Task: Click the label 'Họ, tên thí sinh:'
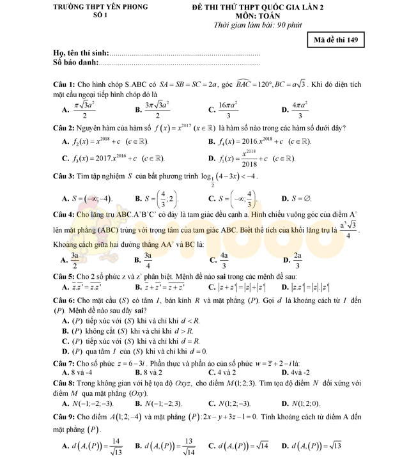pyautogui.click(x=81, y=53)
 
